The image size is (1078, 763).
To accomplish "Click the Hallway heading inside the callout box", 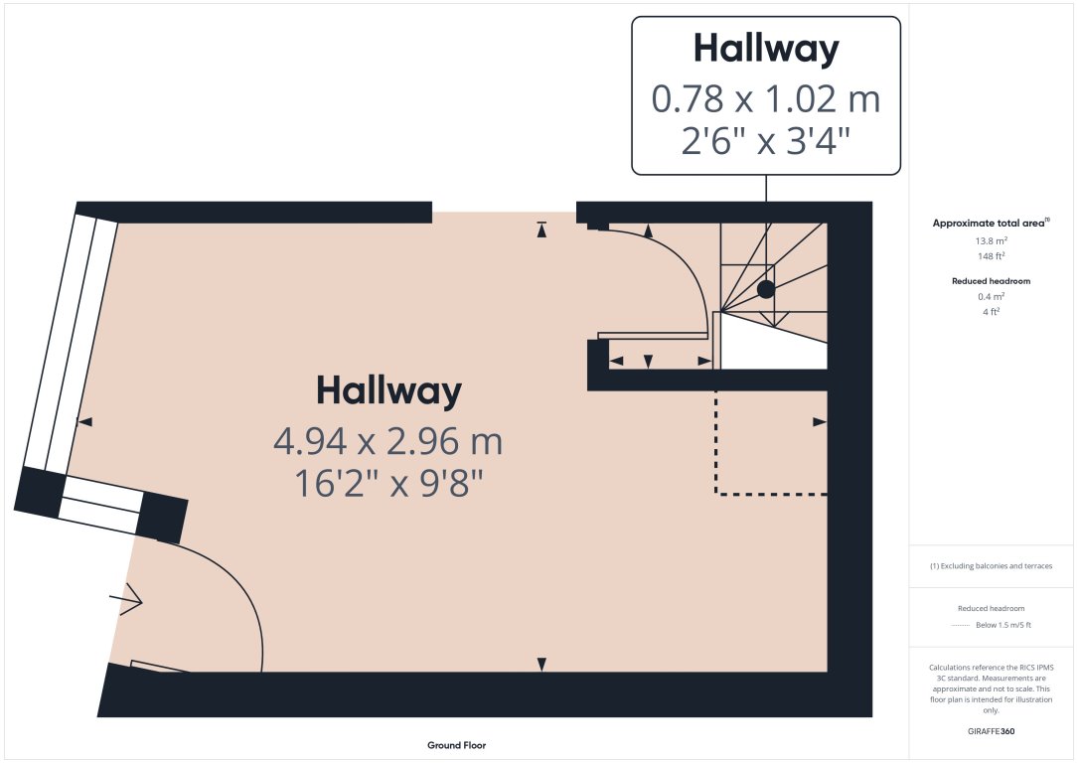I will (765, 49).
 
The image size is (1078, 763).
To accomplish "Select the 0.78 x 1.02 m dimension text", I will (765, 99).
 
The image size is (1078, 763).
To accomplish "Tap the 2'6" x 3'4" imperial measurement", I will (765, 142).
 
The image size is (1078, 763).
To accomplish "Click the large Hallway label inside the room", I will (388, 391).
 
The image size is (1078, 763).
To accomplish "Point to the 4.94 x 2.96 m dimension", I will (388, 441).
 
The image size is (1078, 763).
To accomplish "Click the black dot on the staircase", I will (766, 289).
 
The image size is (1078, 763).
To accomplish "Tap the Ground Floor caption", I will (456, 745).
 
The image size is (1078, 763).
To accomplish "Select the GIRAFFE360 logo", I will (991, 731).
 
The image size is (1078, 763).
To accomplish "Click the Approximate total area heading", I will (990, 224).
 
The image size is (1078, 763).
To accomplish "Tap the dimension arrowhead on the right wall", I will (820, 422).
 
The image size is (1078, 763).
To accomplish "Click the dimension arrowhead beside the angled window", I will (85, 422).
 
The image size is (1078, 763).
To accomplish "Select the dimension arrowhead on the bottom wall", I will (541, 664).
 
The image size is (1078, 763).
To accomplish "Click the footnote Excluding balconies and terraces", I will (991, 566).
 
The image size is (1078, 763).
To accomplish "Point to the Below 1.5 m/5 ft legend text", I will (1002, 625).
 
